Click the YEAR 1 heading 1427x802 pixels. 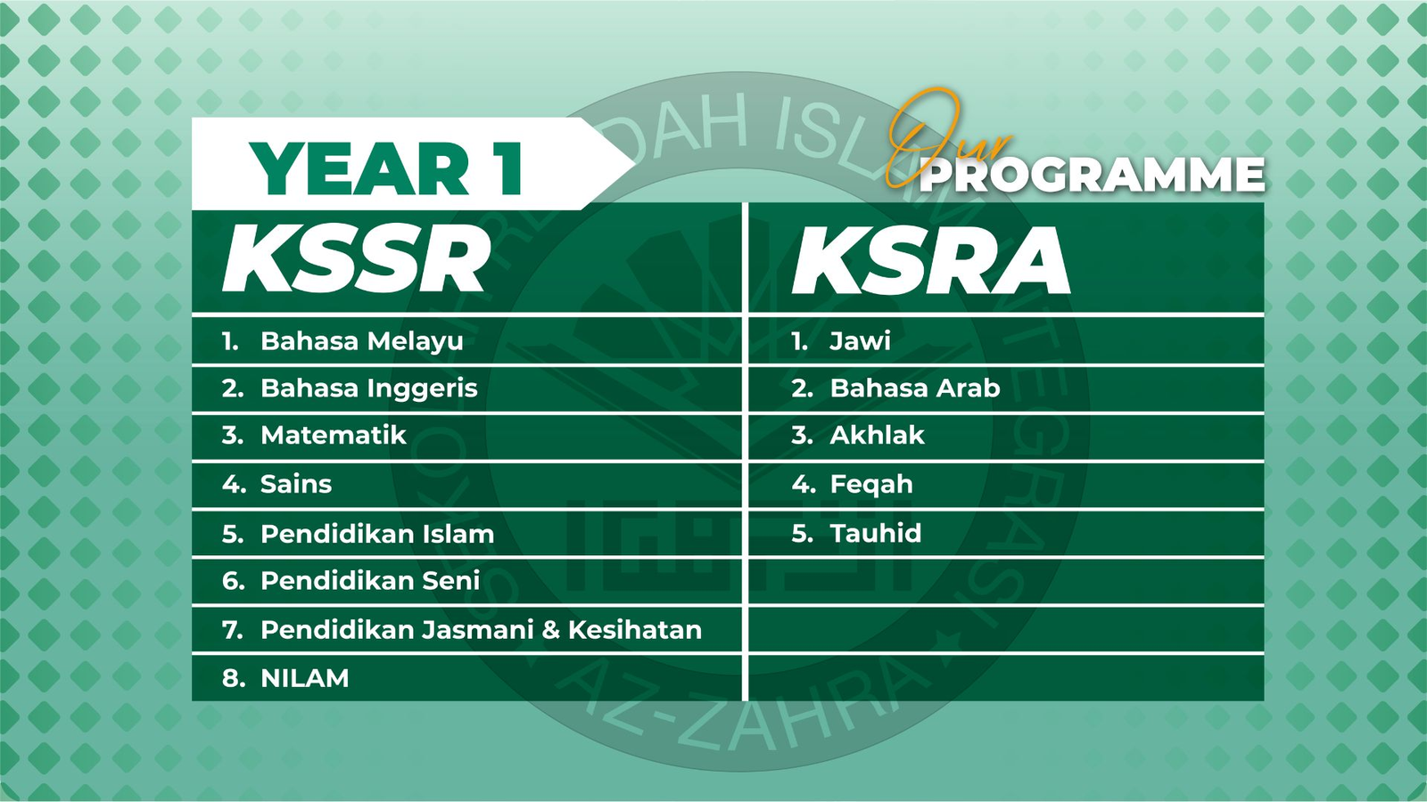point(387,168)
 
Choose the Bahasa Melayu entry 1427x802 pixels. point(362,342)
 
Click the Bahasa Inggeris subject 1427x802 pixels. point(369,389)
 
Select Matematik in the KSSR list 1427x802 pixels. point(334,436)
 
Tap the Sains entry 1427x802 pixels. point(296,485)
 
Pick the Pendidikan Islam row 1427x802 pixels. point(377,534)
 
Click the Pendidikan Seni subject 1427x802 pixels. point(370,580)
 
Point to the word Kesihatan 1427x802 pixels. point(634,629)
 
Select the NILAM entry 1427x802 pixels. point(304,678)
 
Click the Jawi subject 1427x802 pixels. point(860,342)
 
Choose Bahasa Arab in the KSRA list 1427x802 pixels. point(915,389)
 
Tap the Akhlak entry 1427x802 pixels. point(877,436)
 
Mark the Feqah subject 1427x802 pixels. point(870,485)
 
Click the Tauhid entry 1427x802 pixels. point(875,534)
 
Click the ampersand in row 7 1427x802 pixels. point(551,630)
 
